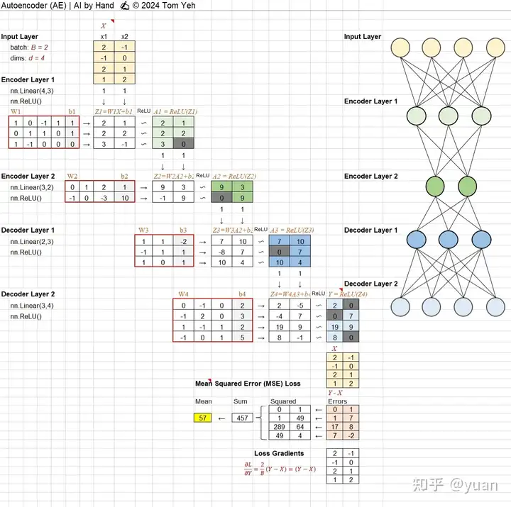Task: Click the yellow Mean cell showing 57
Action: pyautogui.click(x=202, y=418)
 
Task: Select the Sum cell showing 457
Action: pyautogui.click(x=242, y=418)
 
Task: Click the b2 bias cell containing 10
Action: pyautogui.click(x=125, y=198)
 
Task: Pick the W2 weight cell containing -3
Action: pyautogui.click(x=104, y=198)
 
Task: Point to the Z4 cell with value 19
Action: pyautogui.click(x=280, y=328)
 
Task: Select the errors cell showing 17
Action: pyautogui.click(x=334, y=428)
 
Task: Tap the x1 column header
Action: pyautogui.click(x=104, y=37)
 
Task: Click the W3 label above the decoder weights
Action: pyautogui.click(x=143, y=230)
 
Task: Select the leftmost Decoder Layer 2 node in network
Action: pyautogui.click(x=402, y=307)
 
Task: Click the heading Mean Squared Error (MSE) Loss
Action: pyautogui.click(x=248, y=384)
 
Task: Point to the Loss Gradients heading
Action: pyautogui.click(x=279, y=453)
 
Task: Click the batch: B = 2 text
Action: pyautogui.click(x=29, y=48)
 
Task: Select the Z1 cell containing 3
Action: pyautogui.click(x=104, y=144)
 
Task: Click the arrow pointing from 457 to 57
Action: pyautogui.click(x=221, y=418)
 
